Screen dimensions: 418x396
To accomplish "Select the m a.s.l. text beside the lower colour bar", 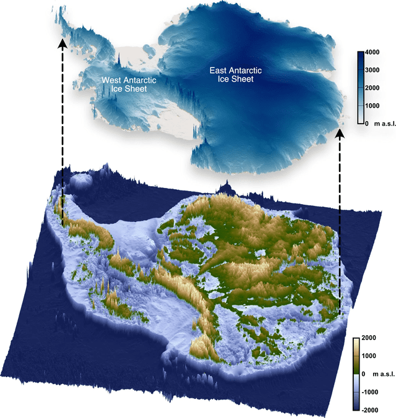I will tap(380, 374).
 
